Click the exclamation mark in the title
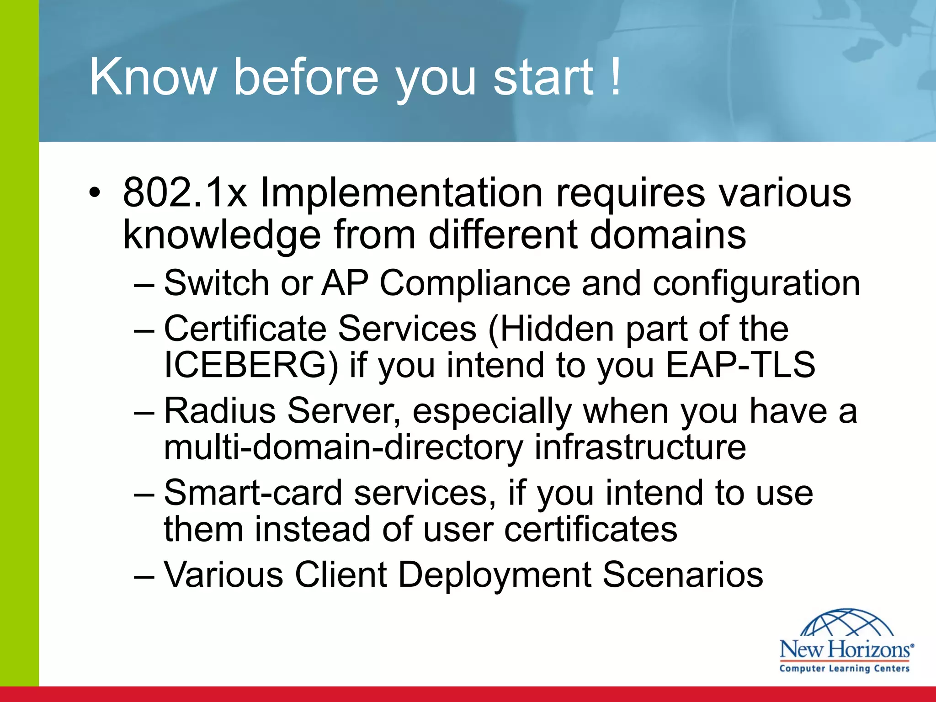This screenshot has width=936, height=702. [x=616, y=76]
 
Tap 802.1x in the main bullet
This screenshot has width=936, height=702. [x=185, y=193]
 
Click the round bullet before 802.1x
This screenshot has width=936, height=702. [x=94, y=193]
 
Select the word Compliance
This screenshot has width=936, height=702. [x=475, y=284]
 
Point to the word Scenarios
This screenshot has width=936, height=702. [x=683, y=574]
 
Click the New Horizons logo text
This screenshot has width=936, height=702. [x=846, y=649]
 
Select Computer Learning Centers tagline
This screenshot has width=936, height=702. [x=845, y=668]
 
